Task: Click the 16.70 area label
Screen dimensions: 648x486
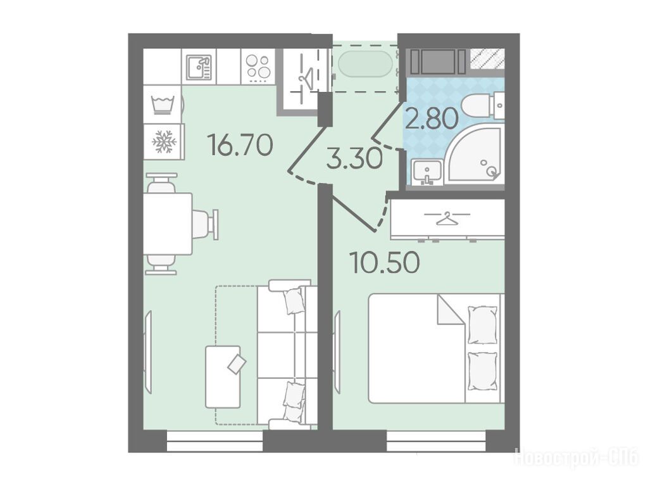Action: [x=241, y=145]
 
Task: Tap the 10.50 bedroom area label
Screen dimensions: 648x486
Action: [x=385, y=262]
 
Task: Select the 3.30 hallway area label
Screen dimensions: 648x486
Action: [x=354, y=159]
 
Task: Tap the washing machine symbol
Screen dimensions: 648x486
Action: [x=163, y=105]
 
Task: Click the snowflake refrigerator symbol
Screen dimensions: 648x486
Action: [x=164, y=141]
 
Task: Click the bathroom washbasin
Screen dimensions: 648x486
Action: [x=427, y=172]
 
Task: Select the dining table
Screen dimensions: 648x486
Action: [x=168, y=224]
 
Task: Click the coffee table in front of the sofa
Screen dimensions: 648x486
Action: [x=223, y=377]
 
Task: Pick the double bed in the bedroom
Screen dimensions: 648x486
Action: [x=437, y=348]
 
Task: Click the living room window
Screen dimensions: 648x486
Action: [x=215, y=441]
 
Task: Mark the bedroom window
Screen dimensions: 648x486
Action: [x=437, y=441]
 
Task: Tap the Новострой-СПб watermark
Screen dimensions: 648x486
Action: [x=577, y=458]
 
